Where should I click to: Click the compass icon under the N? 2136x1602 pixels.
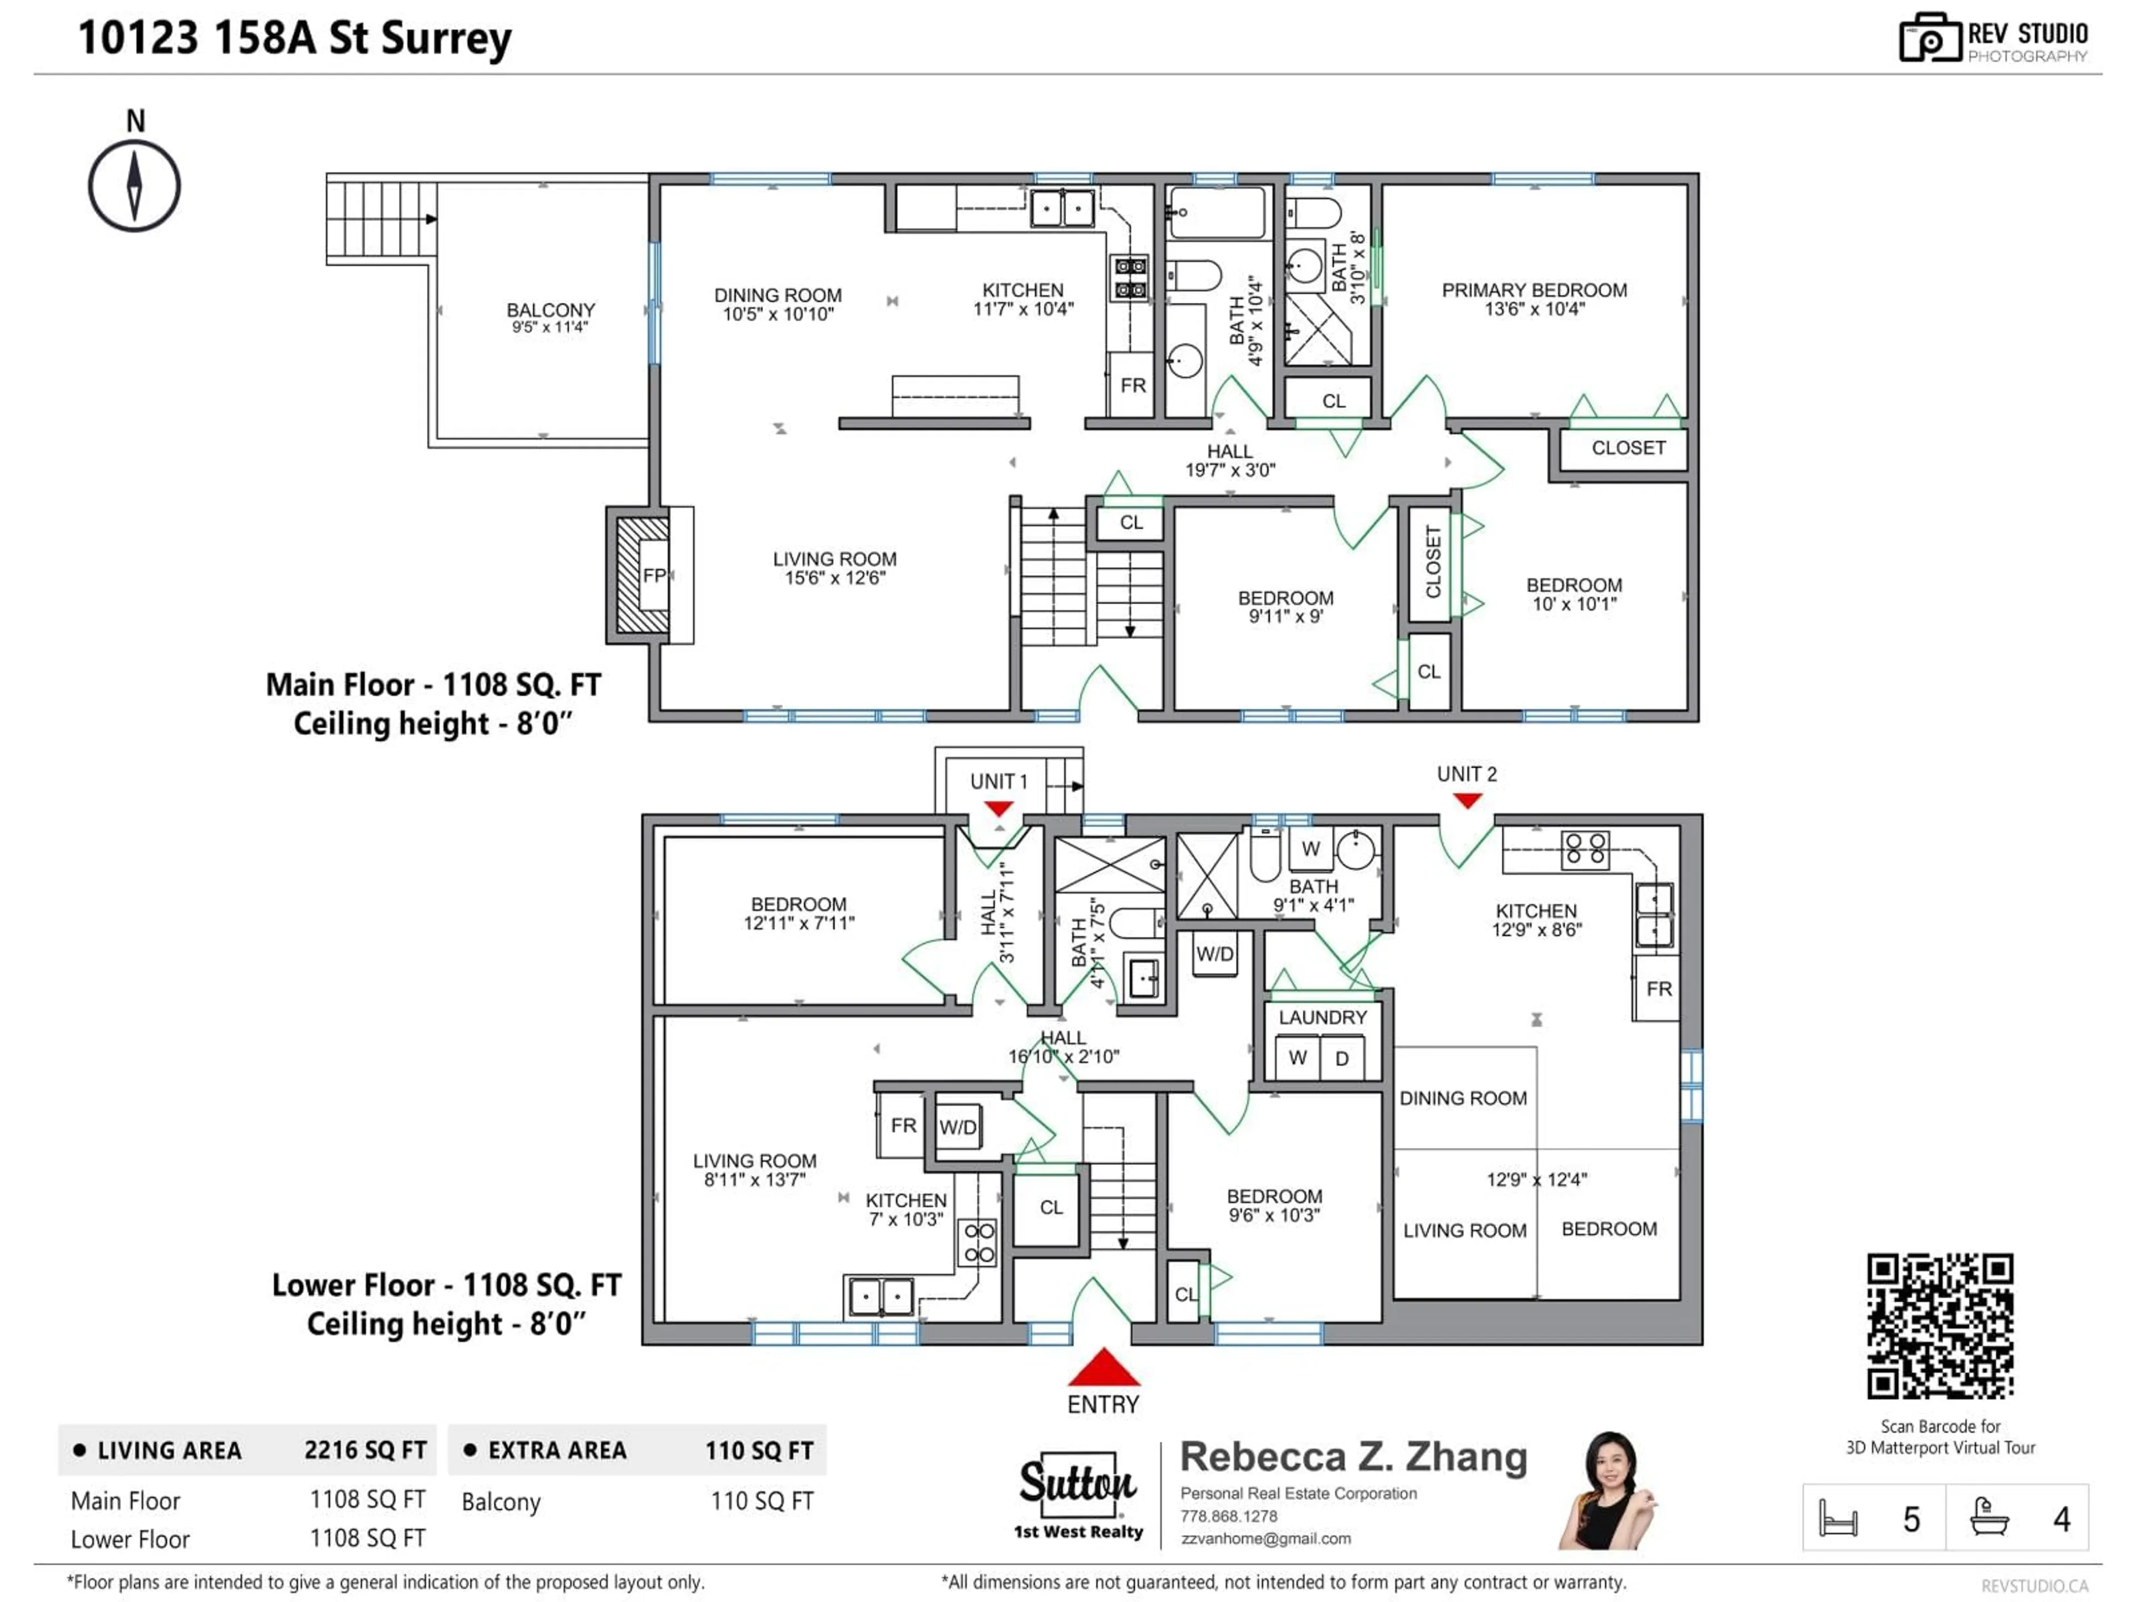pos(134,186)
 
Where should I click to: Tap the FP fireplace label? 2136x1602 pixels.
pos(654,576)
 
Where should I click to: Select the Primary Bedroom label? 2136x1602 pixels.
pos(1534,291)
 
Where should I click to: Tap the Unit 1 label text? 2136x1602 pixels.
pos(998,781)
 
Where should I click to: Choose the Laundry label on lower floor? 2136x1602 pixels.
pos(1322,1018)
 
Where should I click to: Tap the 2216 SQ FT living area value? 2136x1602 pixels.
pos(365,1450)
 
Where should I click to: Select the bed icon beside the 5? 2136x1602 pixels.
pos(1838,1519)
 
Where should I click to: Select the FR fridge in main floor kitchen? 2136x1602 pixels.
pos(1133,385)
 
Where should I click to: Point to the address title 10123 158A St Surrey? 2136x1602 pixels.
pos(294,38)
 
